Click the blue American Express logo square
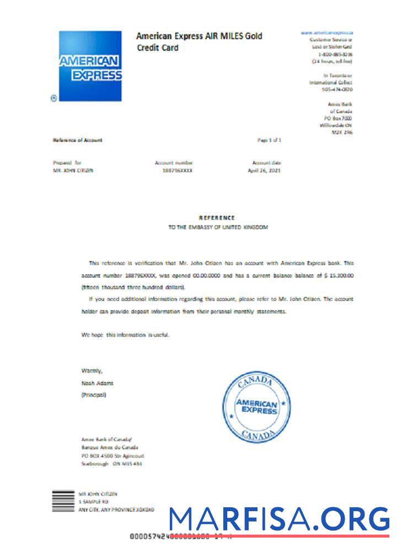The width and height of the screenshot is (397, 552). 90,66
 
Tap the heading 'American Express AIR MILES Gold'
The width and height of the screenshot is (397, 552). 199,36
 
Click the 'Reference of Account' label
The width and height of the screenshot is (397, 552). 78,140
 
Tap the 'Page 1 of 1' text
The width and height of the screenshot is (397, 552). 270,140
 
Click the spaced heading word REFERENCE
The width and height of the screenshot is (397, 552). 217,218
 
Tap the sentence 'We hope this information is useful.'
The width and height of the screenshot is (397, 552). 125,335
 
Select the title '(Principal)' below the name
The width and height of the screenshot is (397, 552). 93,395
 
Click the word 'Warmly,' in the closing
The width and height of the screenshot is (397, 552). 92,370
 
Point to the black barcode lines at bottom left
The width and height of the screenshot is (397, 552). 63,502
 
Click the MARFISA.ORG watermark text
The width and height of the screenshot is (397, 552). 279,520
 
